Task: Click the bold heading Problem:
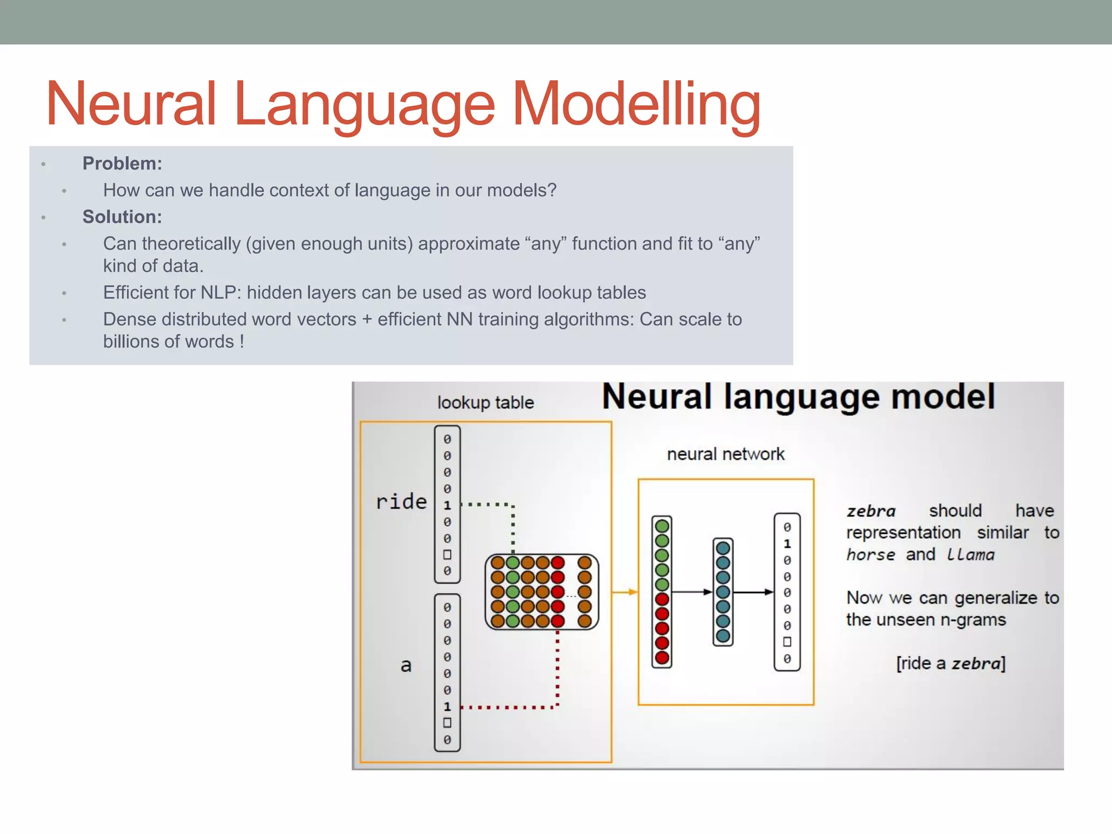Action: click(122, 163)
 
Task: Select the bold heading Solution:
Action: click(122, 217)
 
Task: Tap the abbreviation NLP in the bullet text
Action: click(219, 293)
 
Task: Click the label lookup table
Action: click(485, 402)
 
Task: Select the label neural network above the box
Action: click(725, 454)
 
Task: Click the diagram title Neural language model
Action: click(798, 397)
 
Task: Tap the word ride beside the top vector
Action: click(401, 501)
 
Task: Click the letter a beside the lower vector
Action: click(406, 665)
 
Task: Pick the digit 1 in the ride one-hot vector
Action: click(447, 505)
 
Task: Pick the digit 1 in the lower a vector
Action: click(447, 706)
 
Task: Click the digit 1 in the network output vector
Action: click(787, 544)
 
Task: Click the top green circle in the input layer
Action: click(661, 526)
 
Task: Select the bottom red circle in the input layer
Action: click(661, 658)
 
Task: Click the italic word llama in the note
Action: click(970, 554)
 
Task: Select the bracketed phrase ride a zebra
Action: click(951, 663)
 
